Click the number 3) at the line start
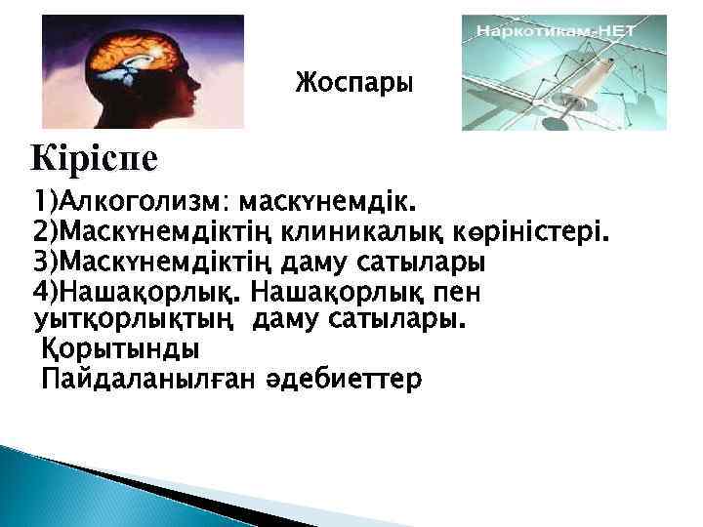46,263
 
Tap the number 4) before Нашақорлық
46,293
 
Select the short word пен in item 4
456,293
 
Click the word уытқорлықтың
137,319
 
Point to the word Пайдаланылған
146,378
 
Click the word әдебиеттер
343,378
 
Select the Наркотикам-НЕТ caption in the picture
555,31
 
